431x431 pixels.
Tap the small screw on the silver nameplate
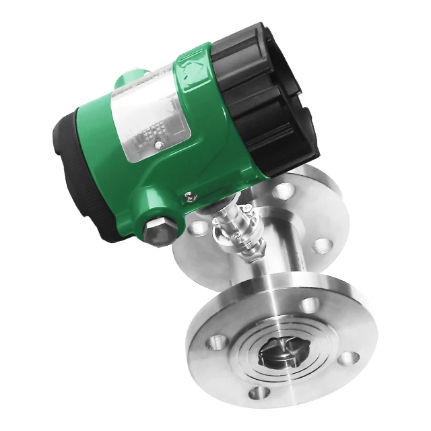click(x=158, y=144)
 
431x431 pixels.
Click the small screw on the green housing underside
click(x=191, y=197)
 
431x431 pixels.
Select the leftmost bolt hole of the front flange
click(x=214, y=337)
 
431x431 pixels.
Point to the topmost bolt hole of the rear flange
click(x=286, y=191)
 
